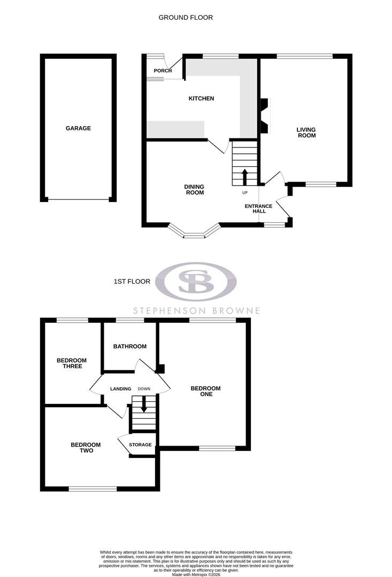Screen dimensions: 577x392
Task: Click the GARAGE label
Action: pyautogui.click(x=78, y=128)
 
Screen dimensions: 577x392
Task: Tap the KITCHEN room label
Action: pyautogui.click(x=201, y=98)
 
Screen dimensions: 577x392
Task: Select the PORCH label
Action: pyautogui.click(x=163, y=71)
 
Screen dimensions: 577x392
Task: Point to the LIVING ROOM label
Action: pyautogui.click(x=306, y=132)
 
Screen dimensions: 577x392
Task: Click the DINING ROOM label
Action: pyautogui.click(x=194, y=190)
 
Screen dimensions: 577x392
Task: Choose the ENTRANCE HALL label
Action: pyautogui.click(x=258, y=209)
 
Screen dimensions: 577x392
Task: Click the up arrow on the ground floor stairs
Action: pyautogui.click(x=245, y=176)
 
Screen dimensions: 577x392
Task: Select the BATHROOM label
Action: pyautogui.click(x=129, y=346)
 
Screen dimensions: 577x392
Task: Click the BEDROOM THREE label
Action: pyautogui.click(x=72, y=363)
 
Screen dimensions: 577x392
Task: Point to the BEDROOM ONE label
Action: pyautogui.click(x=206, y=391)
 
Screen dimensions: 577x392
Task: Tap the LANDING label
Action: pyautogui.click(x=121, y=388)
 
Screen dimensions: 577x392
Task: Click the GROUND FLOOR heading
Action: pyautogui.click(x=186, y=18)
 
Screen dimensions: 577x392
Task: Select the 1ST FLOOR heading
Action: pyautogui.click(x=132, y=281)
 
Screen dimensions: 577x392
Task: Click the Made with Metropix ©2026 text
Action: pyautogui.click(x=196, y=574)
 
